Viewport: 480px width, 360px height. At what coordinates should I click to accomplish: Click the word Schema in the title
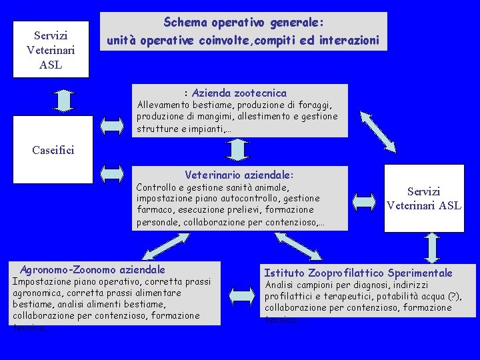(x=183, y=23)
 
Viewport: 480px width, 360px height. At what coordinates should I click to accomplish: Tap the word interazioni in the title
(x=349, y=41)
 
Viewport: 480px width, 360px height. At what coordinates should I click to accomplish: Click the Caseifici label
(x=53, y=149)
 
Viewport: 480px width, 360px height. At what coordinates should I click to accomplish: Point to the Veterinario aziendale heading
(x=239, y=175)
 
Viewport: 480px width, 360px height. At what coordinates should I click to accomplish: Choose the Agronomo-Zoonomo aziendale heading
(x=93, y=270)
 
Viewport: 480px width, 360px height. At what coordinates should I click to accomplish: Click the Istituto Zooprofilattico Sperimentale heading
(x=358, y=273)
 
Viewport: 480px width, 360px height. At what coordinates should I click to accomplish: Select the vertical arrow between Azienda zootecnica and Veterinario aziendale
(x=237, y=151)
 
